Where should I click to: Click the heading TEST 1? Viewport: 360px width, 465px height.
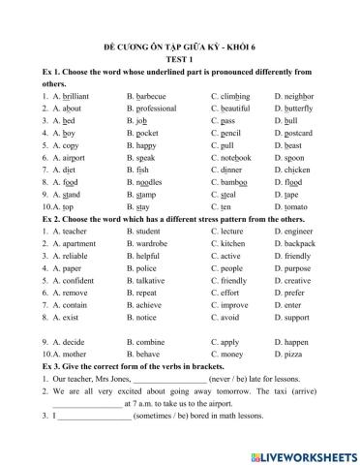[x=180, y=58]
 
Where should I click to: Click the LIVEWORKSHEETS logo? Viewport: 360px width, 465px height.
[x=303, y=454]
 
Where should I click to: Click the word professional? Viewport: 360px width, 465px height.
[x=161, y=109]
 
